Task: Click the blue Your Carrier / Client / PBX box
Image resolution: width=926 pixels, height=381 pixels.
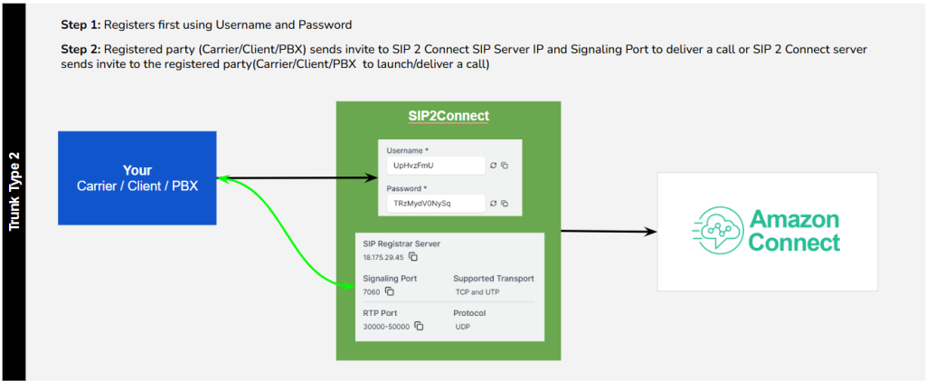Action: point(137,177)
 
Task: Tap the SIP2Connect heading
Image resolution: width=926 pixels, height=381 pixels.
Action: point(449,116)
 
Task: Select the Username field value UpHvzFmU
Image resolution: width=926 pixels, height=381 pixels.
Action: point(413,166)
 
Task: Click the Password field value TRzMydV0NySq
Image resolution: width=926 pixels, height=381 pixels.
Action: point(421,204)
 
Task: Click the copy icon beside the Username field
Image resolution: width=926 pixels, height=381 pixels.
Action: point(505,166)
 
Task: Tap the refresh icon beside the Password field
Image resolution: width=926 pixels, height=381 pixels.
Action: point(494,204)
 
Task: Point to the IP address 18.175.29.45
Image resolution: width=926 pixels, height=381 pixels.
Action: point(383,257)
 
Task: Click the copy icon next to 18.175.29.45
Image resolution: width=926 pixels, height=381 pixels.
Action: point(413,256)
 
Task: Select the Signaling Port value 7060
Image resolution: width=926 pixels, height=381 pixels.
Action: point(372,291)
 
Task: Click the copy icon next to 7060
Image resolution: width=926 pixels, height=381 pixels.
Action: point(389,291)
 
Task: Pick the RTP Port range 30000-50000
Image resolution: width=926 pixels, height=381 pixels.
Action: point(387,326)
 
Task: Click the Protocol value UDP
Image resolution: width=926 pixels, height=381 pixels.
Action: point(462,326)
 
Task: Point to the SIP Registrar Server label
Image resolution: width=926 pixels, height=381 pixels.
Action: point(402,243)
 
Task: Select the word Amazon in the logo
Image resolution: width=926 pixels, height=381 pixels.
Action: point(794,219)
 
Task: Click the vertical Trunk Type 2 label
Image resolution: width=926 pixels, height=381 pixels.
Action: point(14,191)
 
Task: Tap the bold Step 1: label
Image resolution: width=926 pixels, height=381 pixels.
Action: point(81,24)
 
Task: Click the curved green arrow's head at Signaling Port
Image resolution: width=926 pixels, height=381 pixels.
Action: point(349,286)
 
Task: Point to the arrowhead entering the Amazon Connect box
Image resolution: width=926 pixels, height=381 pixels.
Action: point(651,232)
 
